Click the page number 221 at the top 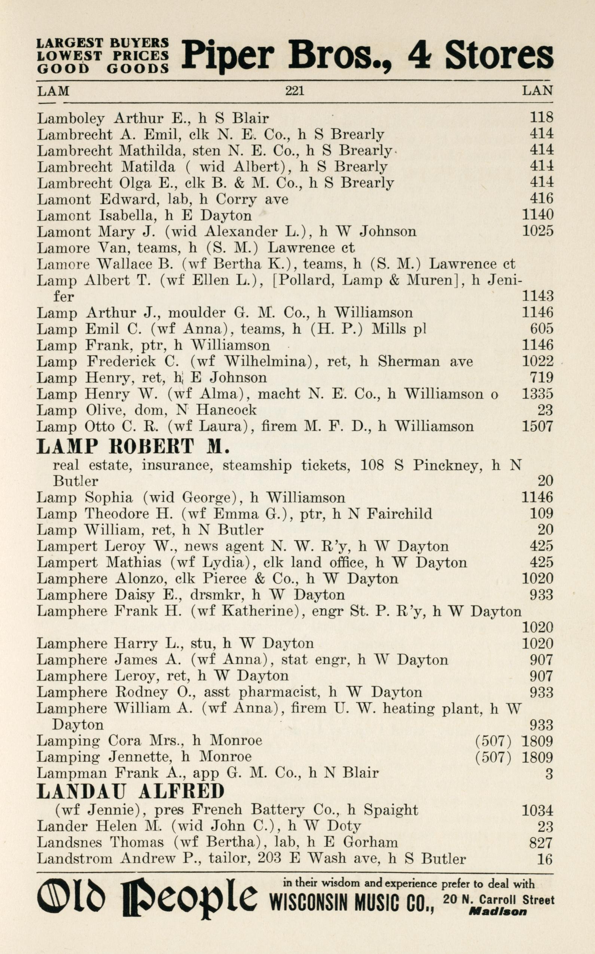[x=295, y=91]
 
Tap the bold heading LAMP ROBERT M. [x=132, y=447]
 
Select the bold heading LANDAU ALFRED [x=130, y=791]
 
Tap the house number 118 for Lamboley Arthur [x=541, y=117]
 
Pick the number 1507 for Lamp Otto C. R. [x=537, y=426]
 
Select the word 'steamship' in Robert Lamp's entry [x=257, y=466]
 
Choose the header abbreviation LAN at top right [x=537, y=91]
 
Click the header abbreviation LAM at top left [x=53, y=91]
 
